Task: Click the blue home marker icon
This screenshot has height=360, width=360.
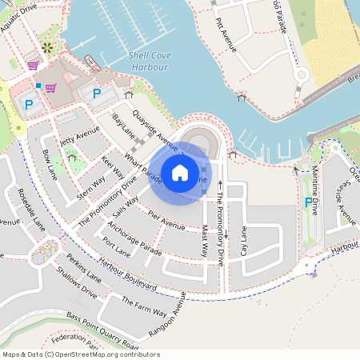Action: click(180, 173)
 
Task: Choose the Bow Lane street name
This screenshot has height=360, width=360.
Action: click(50, 163)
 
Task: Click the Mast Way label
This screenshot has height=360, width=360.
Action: click(206, 240)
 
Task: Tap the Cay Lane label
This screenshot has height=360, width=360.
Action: click(244, 241)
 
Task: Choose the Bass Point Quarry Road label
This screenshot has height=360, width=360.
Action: click(110, 330)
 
